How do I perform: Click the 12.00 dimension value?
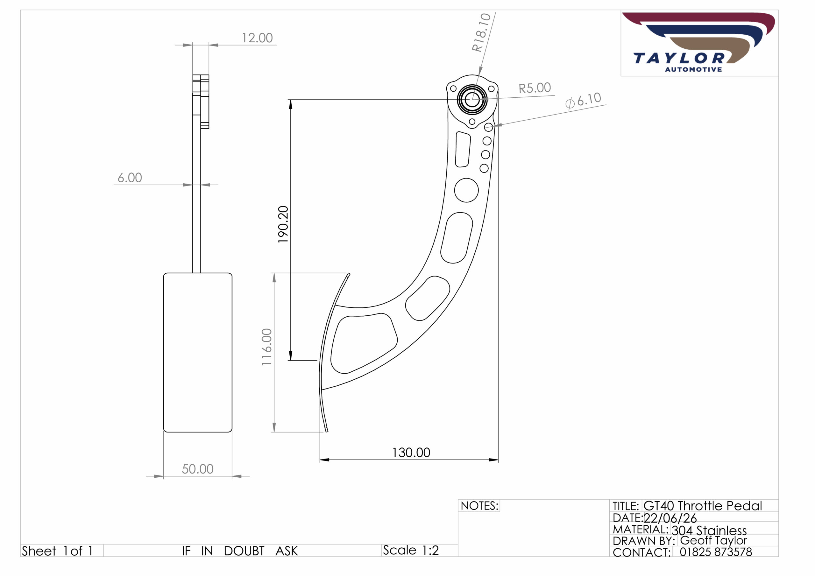pos(257,38)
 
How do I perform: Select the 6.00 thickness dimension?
pos(130,178)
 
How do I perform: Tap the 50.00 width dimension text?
pos(198,469)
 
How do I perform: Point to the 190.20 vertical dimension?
pos(283,224)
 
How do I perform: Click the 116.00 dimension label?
pos(267,347)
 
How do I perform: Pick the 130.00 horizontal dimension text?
pos(411,453)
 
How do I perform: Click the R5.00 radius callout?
pos(535,88)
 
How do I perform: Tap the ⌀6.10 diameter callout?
pos(583,101)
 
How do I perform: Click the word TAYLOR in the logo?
pos(679,58)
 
